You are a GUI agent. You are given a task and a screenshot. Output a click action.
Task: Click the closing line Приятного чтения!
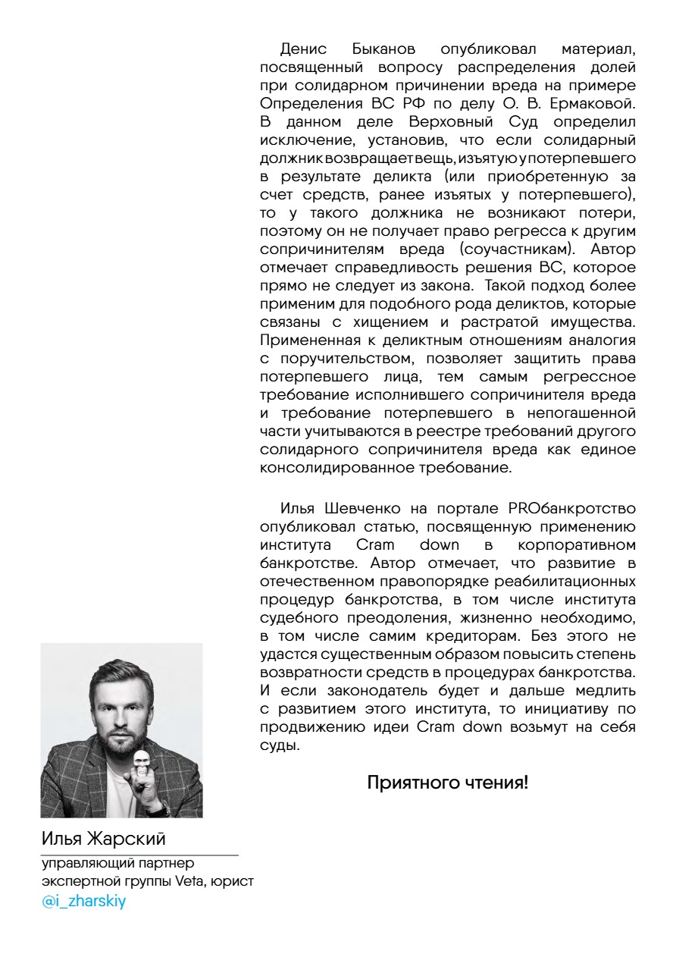(447, 783)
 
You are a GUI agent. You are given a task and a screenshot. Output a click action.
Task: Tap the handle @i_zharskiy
(83, 903)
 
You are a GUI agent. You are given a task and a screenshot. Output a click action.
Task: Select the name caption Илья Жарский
(103, 839)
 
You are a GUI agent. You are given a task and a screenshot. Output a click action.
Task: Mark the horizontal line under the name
(139, 855)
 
